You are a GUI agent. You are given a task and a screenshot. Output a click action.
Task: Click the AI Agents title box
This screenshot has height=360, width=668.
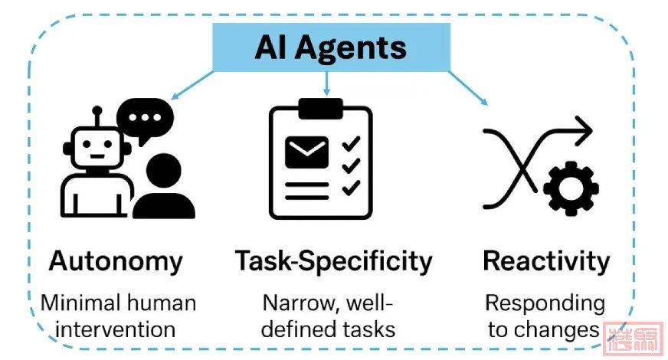click(330, 47)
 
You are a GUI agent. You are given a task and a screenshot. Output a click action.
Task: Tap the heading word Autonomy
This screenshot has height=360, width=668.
click(116, 261)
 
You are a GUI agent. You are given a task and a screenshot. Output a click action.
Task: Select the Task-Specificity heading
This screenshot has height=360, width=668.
click(333, 262)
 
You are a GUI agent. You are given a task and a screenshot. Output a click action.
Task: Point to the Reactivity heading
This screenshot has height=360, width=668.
click(546, 261)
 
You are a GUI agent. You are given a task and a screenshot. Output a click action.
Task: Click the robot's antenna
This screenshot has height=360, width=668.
click(97, 116)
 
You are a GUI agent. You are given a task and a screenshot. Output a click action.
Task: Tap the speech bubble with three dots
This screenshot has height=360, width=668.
click(146, 121)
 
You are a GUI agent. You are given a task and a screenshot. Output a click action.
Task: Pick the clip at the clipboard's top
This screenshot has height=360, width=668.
click(321, 109)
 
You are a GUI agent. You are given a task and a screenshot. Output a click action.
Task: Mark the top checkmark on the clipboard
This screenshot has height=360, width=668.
click(352, 142)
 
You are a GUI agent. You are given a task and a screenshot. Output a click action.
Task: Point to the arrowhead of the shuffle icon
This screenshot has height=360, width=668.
click(584, 130)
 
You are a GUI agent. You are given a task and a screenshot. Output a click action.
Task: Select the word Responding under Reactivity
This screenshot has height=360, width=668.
click(545, 303)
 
